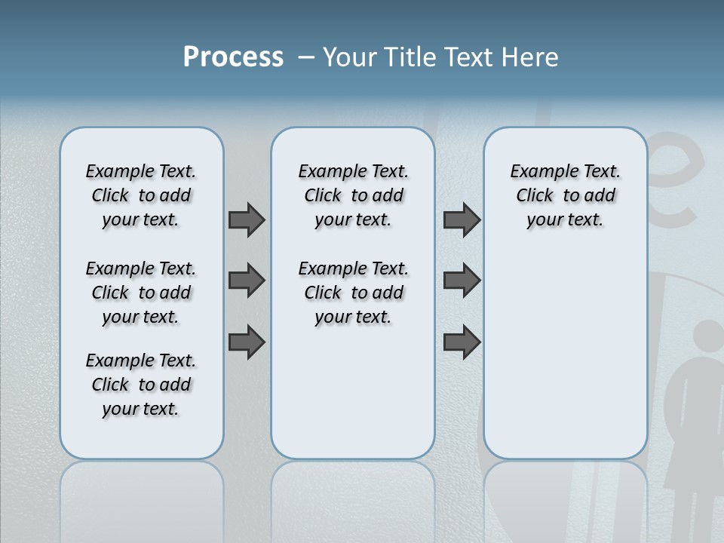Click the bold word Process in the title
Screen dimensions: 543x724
pyautogui.click(x=233, y=57)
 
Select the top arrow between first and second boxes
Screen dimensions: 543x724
pyautogui.click(x=247, y=219)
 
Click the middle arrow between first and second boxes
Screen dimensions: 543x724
pyautogui.click(x=247, y=281)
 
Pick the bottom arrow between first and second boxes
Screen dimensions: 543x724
pyautogui.click(x=247, y=342)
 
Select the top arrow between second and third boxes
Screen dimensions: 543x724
pyautogui.click(x=462, y=219)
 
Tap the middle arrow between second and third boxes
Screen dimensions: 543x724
pyautogui.click(x=462, y=281)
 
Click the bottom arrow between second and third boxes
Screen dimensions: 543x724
pyautogui.click(x=462, y=342)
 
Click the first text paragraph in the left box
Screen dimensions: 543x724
pyautogui.click(x=141, y=195)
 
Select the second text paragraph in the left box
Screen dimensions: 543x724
pyautogui.click(x=141, y=293)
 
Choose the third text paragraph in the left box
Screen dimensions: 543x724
pyautogui.click(x=141, y=385)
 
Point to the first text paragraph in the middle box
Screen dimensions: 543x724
pyautogui.click(x=353, y=195)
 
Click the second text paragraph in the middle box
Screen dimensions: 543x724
pyautogui.click(x=353, y=293)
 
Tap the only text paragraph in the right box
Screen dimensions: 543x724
pyautogui.click(x=565, y=195)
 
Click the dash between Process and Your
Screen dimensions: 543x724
pyautogui.click(x=306, y=58)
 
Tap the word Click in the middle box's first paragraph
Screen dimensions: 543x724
pyautogui.click(x=323, y=196)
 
